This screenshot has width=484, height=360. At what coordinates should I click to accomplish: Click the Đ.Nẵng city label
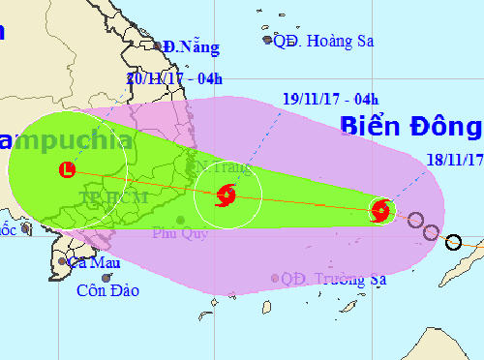191,46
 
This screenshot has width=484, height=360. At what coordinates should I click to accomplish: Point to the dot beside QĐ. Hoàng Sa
268,40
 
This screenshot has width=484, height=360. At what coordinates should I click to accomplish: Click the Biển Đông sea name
410,127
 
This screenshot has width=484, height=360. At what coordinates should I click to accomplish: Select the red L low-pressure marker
66,169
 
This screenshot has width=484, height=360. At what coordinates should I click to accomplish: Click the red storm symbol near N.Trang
226,195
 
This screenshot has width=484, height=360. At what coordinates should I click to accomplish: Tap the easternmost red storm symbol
381,209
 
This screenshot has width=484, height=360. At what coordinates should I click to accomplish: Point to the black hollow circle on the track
452,241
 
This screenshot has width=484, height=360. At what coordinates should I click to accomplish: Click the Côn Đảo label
108,289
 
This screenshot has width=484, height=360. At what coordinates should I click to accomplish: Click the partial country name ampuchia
68,140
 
